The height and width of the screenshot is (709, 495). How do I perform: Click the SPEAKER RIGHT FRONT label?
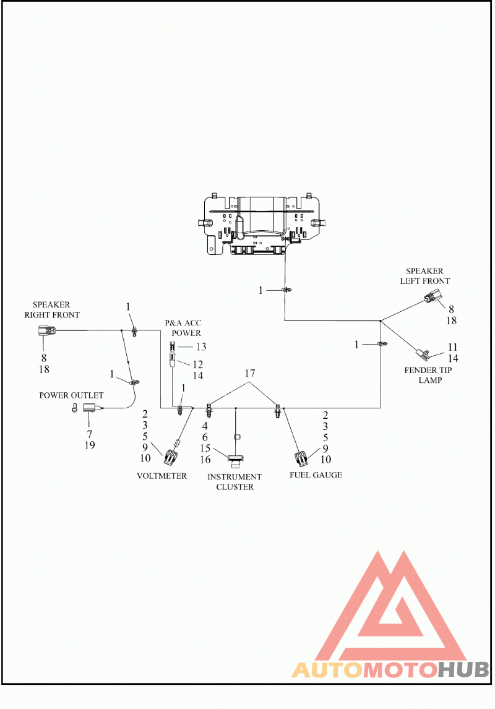[x=52, y=310]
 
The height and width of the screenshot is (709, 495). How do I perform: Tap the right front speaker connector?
[x=46, y=332]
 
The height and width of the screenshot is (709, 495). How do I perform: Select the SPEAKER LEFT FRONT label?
[x=425, y=276]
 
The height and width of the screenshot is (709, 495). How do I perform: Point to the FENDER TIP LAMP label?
[x=428, y=375]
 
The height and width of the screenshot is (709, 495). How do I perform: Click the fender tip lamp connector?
[x=422, y=353]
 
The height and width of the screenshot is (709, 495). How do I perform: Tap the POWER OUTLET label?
[x=71, y=395]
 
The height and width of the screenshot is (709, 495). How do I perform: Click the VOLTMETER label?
[x=162, y=476]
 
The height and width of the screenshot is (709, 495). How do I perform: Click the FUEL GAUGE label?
[x=316, y=475]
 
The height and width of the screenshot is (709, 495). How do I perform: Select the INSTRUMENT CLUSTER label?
[x=235, y=481]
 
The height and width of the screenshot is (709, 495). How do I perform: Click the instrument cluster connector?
[x=235, y=460]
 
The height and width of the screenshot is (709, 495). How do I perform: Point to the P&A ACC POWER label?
[x=183, y=328]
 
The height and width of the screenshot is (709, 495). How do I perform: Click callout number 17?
[x=250, y=374]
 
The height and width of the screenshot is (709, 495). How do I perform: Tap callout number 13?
[x=201, y=347]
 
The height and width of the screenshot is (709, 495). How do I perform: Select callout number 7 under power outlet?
[x=90, y=434]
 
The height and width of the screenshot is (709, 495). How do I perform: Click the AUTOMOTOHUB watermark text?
[x=390, y=669]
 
